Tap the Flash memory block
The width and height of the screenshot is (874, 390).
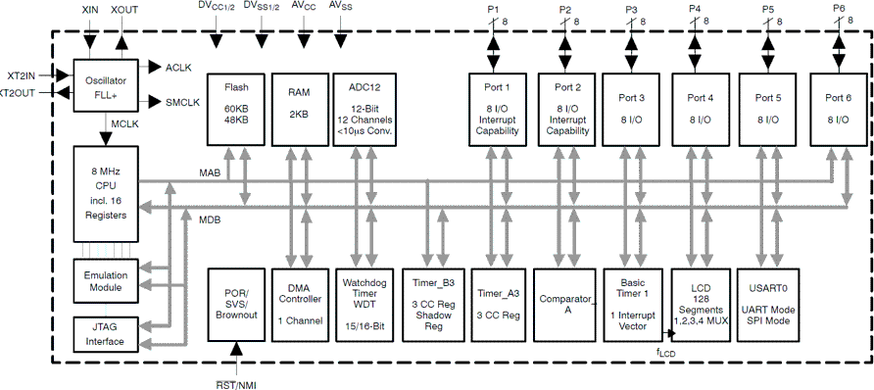(236, 107)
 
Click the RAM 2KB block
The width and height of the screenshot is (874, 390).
(299, 107)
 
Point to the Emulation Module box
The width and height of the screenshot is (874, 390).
(106, 279)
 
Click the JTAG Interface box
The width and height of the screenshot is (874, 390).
(106, 334)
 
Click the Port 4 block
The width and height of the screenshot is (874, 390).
(700, 107)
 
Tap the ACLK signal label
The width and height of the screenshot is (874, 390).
(179, 67)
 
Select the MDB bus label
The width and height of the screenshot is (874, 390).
(210, 219)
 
